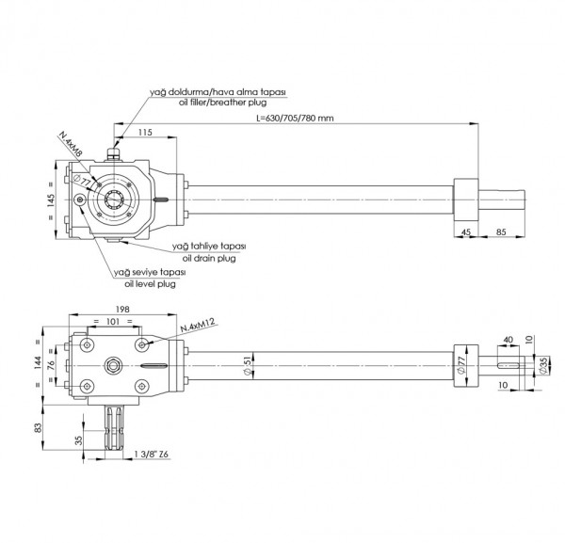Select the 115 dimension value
pyautogui.click(x=144, y=134)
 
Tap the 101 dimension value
pyautogui.click(x=113, y=321)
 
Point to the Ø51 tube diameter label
pyautogui.click(x=246, y=364)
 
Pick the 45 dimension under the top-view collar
pyautogui.click(x=467, y=231)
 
